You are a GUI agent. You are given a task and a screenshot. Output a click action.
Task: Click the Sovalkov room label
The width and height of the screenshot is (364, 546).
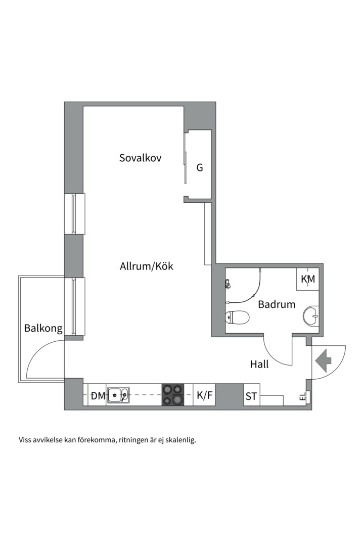click(x=141, y=158)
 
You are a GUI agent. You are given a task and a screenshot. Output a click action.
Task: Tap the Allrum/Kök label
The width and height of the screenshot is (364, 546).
click(x=146, y=267)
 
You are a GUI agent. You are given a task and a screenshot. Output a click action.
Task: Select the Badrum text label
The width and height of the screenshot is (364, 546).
click(x=277, y=304)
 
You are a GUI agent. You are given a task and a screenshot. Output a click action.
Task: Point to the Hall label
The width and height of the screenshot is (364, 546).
click(x=259, y=364)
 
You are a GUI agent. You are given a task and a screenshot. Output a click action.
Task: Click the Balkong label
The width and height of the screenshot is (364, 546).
click(x=43, y=329)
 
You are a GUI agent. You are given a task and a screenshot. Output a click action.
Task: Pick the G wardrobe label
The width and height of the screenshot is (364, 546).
click(x=200, y=168)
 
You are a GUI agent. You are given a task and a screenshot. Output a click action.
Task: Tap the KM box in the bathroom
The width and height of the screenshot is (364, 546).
click(x=308, y=279)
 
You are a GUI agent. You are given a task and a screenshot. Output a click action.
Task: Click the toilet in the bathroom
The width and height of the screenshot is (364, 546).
click(x=237, y=317)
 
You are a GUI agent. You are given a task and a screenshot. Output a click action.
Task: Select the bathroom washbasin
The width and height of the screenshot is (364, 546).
click(x=311, y=316)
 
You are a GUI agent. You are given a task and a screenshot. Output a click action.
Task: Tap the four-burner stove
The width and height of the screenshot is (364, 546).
click(x=173, y=394)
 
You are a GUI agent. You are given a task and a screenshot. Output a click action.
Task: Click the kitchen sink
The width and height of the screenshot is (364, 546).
click(x=118, y=395)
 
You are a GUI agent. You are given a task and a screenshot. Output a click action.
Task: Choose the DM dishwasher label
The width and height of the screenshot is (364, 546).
click(x=98, y=395)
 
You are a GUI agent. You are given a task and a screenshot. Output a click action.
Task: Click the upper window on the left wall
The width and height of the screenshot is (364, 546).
click(x=74, y=213)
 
